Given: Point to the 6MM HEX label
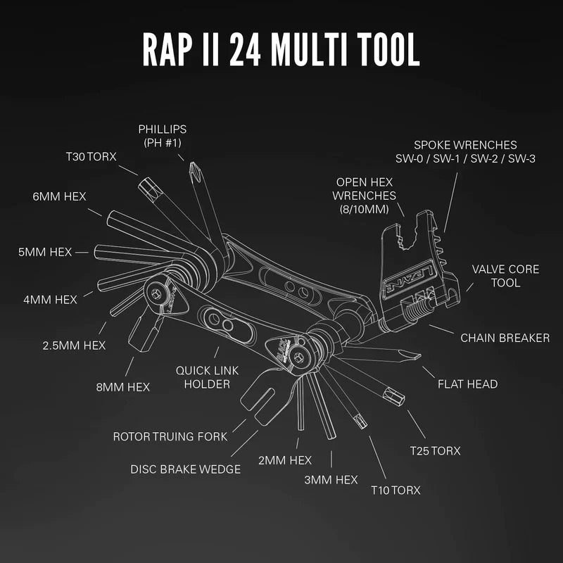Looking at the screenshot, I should (x=59, y=196).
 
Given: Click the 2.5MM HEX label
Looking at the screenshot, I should (x=73, y=345).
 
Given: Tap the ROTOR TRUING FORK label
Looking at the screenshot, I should (x=170, y=436).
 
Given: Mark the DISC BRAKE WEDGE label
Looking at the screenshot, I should (x=186, y=469).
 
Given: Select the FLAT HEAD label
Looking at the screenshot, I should (x=467, y=384).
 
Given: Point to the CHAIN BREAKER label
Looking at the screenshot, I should (x=505, y=338).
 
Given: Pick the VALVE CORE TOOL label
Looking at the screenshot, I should (x=505, y=276).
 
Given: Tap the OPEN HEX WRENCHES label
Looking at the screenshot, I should (x=365, y=189).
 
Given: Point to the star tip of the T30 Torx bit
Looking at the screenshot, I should (x=148, y=187).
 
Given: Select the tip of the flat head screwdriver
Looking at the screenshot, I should (x=415, y=355).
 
